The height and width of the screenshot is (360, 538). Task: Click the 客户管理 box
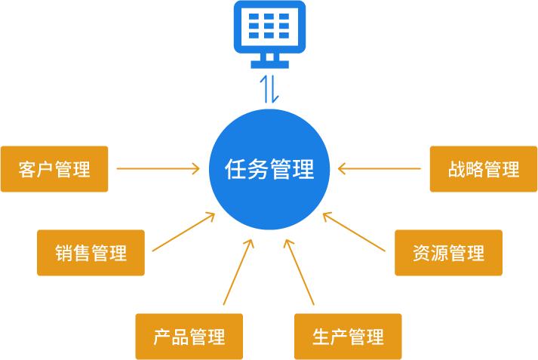click(x=54, y=169)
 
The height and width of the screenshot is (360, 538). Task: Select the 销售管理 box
click(x=91, y=253)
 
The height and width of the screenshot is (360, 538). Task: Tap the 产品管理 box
click(x=189, y=337)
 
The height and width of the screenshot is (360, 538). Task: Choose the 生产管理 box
click(x=348, y=337)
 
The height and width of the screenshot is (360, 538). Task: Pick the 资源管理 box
click(x=448, y=253)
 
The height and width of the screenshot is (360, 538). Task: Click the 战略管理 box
click(x=483, y=169)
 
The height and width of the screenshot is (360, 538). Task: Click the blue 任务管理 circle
click(x=269, y=169)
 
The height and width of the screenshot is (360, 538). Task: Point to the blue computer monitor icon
click(x=269, y=30)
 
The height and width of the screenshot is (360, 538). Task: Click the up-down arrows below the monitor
click(x=269, y=89)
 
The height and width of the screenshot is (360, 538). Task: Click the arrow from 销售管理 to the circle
click(x=183, y=232)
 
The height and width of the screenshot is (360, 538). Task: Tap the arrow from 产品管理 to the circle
click(x=238, y=273)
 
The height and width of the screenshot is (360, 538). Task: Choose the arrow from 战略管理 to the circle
click(x=380, y=169)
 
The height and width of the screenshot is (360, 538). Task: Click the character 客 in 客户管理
click(x=28, y=169)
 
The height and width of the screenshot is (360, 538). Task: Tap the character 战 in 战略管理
click(x=457, y=169)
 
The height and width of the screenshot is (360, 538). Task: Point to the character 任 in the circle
click(x=236, y=169)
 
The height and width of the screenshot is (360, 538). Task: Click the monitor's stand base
click(x=269, y=64)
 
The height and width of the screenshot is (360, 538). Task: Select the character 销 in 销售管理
click(x=64, y=253)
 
